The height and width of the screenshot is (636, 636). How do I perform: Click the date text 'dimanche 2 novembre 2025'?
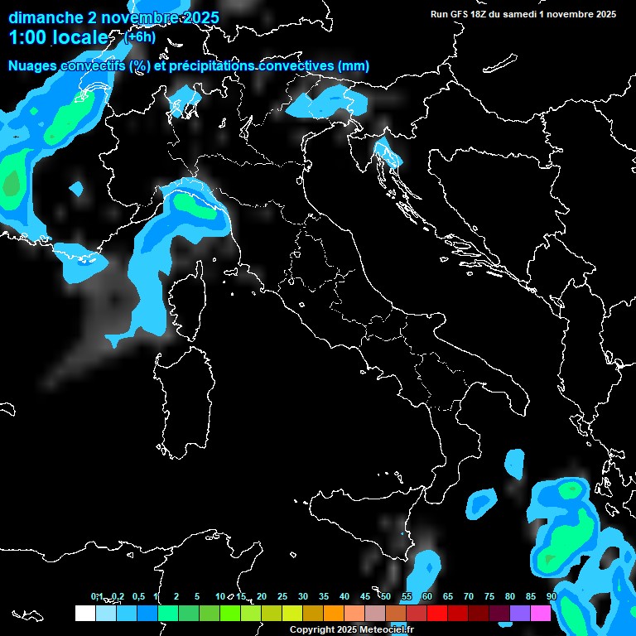click(x=113, y=17)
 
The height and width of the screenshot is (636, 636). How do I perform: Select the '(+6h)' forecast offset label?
click(x=140, y=36)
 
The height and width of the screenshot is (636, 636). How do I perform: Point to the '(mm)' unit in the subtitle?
click(x=354, y=66)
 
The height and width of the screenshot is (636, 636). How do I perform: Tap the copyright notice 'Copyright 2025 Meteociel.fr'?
click(x=352, y=630)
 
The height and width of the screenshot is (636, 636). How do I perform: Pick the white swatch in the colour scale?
click(x=84, y=613)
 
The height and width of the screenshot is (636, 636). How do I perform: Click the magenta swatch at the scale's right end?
click(x=541, y=613)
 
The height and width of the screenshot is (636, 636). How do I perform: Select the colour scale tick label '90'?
click(x=552, y=596)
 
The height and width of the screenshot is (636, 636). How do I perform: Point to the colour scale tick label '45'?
click(x=365, y=596)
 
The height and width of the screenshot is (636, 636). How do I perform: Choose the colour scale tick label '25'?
click(x=282, y=596)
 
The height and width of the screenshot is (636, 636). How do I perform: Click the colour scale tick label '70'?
click(x=469, y=596)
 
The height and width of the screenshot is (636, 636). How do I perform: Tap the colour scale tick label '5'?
click(x=197, y=596)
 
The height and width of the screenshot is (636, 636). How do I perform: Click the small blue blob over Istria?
click(x=385, y=152)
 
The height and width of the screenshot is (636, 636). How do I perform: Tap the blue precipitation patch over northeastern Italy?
click(x=331, y=102)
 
